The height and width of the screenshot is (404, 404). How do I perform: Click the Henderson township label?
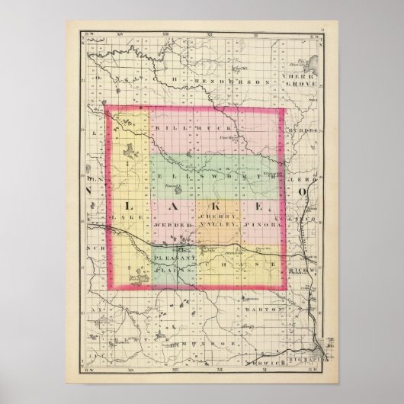[222, 80]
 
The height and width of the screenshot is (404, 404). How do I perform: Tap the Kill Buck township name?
[187, 129]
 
